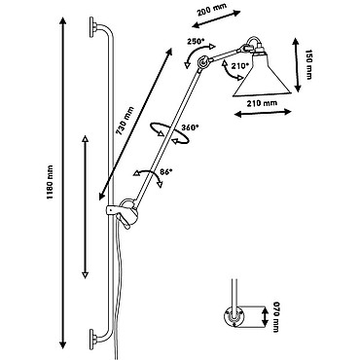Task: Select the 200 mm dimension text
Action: (212, 8)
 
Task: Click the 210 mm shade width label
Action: (262, 103)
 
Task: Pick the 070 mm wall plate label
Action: (276, 317)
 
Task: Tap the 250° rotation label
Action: (196, 42)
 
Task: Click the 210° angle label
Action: (240, 65)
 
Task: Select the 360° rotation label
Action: (190, 127)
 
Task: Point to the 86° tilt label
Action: (165, 172)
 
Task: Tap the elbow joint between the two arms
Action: (203, 61)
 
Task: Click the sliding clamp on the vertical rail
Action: (123, 213)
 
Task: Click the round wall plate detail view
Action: (234, 316)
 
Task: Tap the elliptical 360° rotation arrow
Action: (169, 132)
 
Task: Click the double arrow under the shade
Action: (263, 113)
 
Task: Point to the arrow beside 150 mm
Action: (297, 65)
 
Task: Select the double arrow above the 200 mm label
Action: (216, 19)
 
